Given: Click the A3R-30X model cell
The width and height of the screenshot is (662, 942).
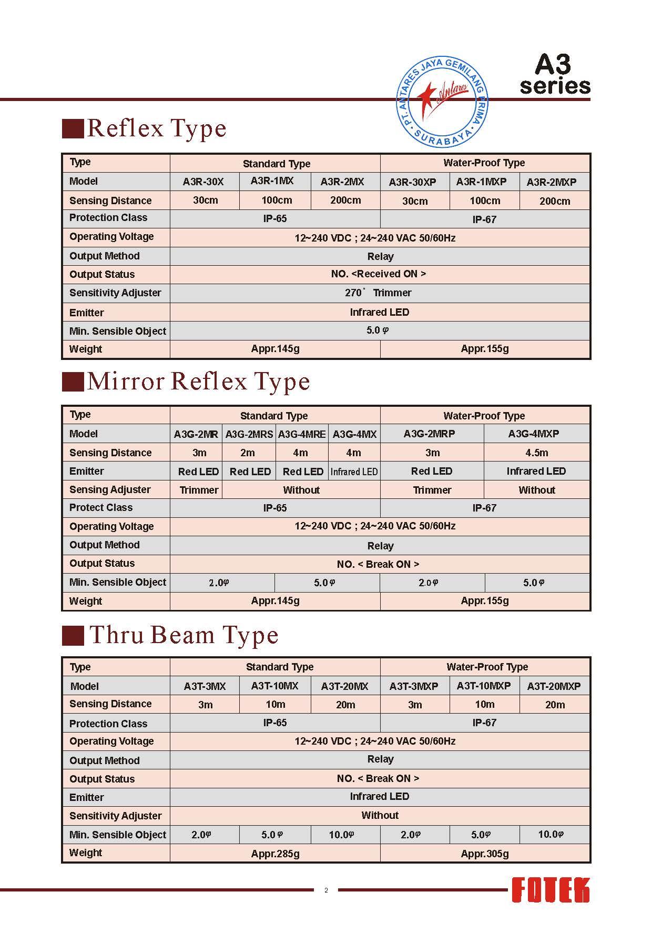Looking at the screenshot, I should click(x=203, y=182).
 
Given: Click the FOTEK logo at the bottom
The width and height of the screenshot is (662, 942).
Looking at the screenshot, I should click(x=551, y=891).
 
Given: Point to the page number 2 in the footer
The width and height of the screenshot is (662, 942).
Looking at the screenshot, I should click(x=326, y=890).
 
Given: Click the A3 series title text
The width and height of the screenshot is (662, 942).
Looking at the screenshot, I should click(x=555, y=75).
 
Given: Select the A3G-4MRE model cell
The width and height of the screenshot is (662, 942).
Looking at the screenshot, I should click(x=302, y=434).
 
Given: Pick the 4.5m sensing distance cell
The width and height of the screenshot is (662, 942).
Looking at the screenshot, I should click(x=536, y=453).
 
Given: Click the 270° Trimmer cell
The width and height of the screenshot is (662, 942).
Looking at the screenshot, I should click(x=379, y=293).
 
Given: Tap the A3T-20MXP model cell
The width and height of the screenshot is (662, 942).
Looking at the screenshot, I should click(x=554, y=686).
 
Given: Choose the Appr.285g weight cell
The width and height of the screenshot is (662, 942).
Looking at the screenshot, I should click(x=275, y=854).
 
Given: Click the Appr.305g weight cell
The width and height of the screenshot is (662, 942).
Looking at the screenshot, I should click(x=485, y=854).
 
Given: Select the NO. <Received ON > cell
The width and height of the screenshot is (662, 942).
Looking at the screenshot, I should click(x=379, y=274).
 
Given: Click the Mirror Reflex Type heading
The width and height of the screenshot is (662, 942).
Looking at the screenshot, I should click(x=199, y=382).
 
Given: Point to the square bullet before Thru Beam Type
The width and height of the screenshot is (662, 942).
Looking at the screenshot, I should click(x=73, y=635).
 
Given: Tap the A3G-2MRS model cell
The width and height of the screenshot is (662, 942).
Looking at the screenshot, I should click(x=249, y=434).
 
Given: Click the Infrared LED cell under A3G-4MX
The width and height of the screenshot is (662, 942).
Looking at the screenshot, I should click(x=354, y=472).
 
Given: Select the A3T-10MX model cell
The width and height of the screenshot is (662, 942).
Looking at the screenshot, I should click(x=274, y=686).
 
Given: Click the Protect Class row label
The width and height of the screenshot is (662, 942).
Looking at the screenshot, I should click(x=101, y=508).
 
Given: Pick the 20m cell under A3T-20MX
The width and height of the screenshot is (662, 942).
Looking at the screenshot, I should click(x=345, y=705).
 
